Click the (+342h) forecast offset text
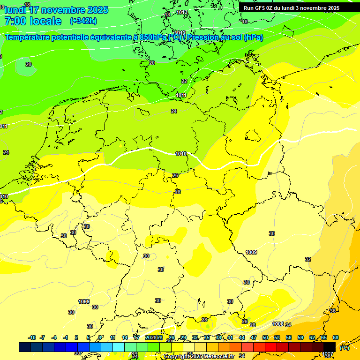[83, 21]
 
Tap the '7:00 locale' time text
[33, 21]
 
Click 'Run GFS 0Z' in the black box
[262, 7]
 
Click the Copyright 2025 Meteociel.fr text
[199, 356]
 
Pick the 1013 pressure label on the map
[182, 13]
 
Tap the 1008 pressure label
[278, 324]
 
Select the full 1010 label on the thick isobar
[181, 154]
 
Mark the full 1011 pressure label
[181, 95]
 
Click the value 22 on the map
[184, 81]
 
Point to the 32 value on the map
[308, 259]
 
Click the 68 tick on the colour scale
[336, 337]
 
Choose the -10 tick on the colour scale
[32, 337]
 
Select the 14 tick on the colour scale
[125, 337]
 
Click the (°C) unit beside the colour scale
[344, 347]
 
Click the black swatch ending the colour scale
[330, 347]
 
